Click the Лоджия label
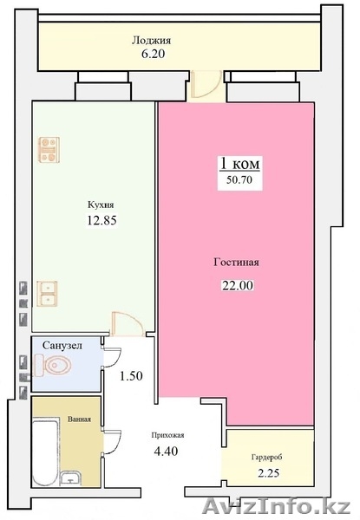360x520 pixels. coord(151,41)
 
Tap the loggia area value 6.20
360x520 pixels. coord(153,54)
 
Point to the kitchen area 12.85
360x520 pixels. coord(101,220)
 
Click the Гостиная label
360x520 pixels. coord(236,263)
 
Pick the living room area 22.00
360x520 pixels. coord(238,285)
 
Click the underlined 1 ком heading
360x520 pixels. coord(239,164)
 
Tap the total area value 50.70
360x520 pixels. coord(239,179)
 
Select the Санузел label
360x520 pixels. coord(62,346)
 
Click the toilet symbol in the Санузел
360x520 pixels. coord(52,365)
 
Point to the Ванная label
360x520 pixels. coord(79,419)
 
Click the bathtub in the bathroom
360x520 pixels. coord(46,454)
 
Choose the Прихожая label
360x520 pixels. coord(167,435)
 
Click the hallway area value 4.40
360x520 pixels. coord(167,451)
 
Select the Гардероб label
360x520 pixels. coord(267,458)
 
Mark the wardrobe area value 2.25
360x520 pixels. coord(268,473)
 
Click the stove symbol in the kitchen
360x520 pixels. coord(49,150)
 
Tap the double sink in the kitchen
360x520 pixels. coord(47,294)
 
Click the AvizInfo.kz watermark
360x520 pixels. coord(277,506)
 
